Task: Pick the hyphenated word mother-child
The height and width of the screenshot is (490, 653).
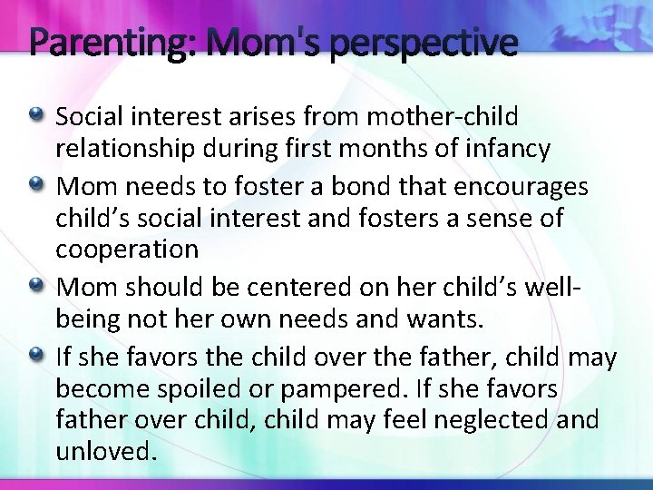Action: pos(453,117)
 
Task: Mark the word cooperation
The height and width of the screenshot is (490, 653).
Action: pos(126,250)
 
